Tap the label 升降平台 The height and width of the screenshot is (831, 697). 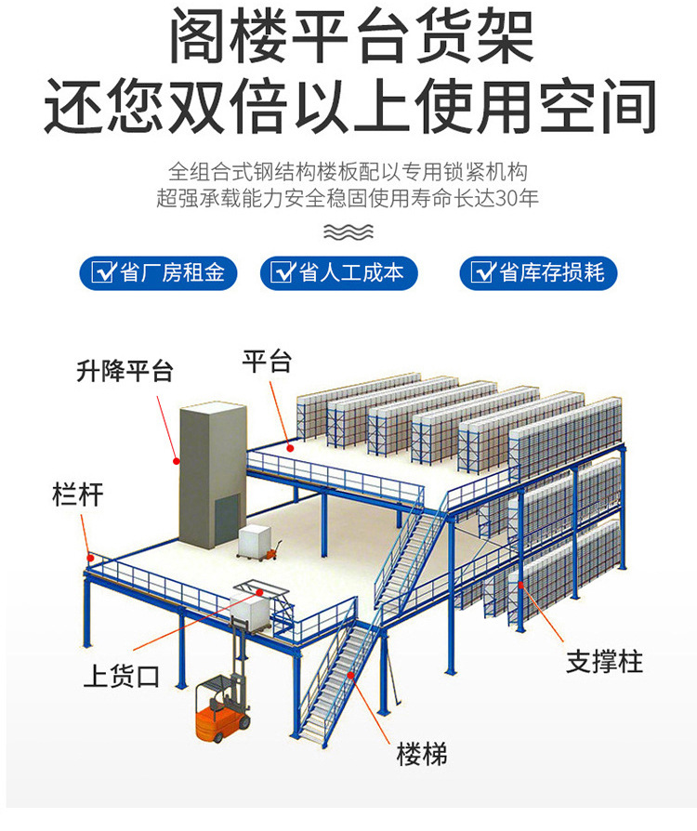[125, 372]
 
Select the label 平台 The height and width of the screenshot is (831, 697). [267, 361]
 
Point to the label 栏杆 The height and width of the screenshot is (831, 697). [77, 495]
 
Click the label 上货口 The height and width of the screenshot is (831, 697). [121, 676]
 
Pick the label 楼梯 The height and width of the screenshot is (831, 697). [422, 754]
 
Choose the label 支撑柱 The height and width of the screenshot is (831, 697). [605, 662]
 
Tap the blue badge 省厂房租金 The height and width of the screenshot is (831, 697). [158, 272]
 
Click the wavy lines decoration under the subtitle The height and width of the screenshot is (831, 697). [348, 231]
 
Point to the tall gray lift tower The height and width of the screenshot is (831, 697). [211, 474]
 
